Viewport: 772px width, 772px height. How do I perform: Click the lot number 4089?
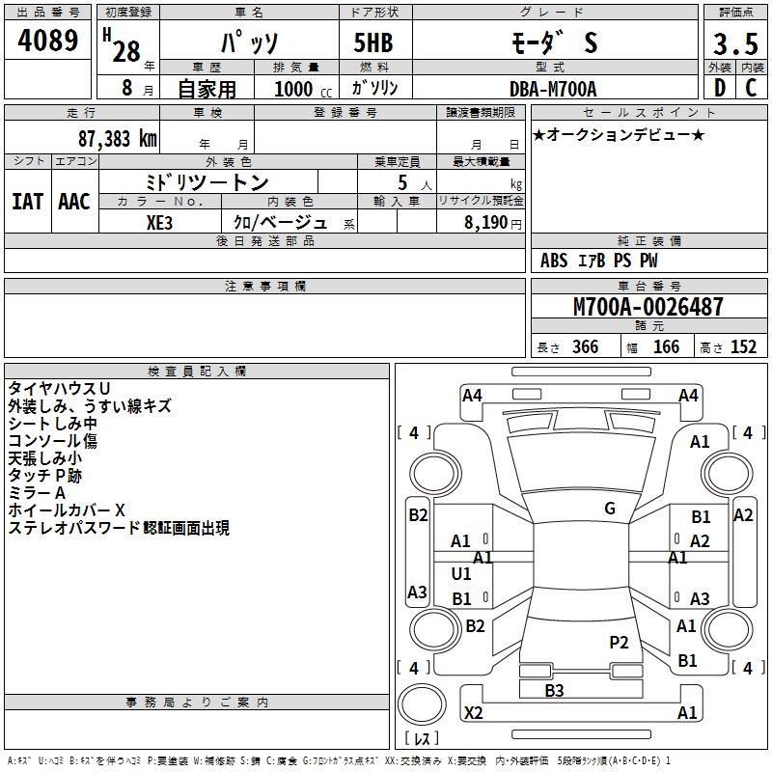[x=48, y=43]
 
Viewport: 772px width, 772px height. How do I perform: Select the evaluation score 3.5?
[x=733, y=44]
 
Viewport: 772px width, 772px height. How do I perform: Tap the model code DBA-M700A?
[x=553, y=89]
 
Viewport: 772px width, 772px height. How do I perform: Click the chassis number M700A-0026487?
[x=648, y=308]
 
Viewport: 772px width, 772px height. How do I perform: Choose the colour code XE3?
[x=161, y=222]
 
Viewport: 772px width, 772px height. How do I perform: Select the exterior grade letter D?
[x=719, y=88]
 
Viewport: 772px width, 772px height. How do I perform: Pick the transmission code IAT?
[x=28, y=202]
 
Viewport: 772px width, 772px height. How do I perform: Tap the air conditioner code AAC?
[x=74, y=202]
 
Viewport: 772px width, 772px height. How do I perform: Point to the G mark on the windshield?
[x=609, y=509]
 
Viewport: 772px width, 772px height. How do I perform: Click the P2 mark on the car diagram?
[x=619, y=642]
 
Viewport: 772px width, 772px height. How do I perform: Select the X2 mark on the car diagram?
[x=473, y=713]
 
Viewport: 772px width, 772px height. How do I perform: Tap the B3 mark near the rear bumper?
[x=554, y=690]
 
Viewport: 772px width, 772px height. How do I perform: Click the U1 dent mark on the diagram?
[x=461, y=574]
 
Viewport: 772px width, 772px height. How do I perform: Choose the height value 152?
[x=743, y=347]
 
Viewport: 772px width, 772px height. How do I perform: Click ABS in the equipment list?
[x=554, y=261]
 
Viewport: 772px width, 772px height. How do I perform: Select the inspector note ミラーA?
[x=37, y=493]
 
